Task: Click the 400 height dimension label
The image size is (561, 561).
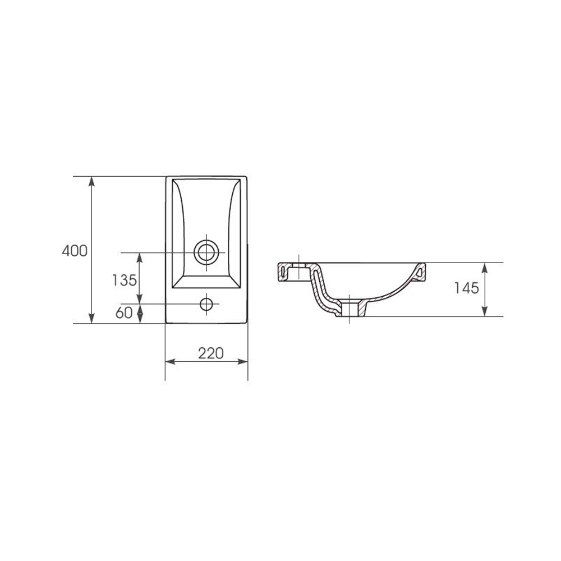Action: point(75,251)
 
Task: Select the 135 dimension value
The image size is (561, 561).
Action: point(124,280)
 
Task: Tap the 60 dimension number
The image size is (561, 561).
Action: point(124,312)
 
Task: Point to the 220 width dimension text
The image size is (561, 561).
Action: point(211,353)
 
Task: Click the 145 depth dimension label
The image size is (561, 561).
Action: point(467,288)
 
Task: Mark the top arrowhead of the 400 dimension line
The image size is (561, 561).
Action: point(91,181)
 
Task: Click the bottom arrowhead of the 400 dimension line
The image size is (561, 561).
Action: point(91,319)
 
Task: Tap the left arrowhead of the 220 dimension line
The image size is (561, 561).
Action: point(170,362)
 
